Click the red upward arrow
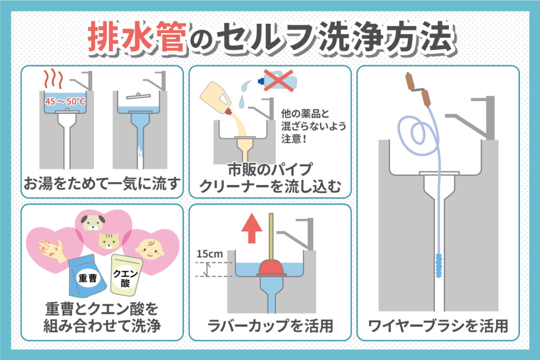pos(252,228)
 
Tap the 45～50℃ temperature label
pos(65,101)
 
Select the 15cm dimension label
pos(210,254)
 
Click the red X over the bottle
pos(278,81)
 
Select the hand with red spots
pos(52,250)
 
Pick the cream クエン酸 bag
pos(126,275)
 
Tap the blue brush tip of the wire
pos(439,266)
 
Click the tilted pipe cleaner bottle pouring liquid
pos(218,96)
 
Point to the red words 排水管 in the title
pos(137,37)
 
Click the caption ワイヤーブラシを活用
pos(438,326)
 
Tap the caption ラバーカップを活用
pos(271,326)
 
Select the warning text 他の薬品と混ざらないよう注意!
pos(313,126)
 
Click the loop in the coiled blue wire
pos(414,131)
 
